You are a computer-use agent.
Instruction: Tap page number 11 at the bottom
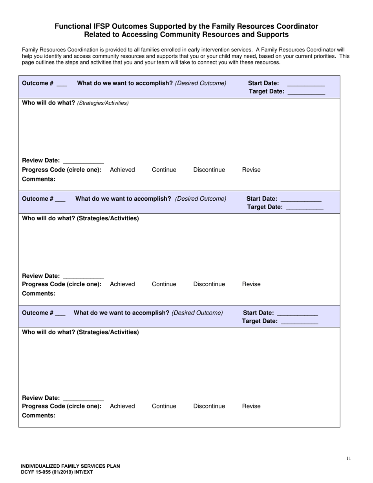[x=349, y=458]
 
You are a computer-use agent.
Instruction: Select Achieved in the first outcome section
[x=123, y=170]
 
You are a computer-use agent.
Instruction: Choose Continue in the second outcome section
[x=164, y=284]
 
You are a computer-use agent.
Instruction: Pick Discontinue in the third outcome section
[x=209, y=406]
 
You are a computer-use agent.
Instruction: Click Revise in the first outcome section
[x=251, y=170]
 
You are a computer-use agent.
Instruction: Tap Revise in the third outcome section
[x=251, y=406]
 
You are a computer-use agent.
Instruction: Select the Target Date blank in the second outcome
[x=305, y=208]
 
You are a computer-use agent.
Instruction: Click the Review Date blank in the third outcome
[x=83, y=399]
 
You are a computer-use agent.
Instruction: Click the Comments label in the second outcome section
[x=38, y=293]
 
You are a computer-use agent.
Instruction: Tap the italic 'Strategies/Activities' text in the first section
[x=103, y=103]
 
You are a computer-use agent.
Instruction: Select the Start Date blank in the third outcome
[x=297, y=314]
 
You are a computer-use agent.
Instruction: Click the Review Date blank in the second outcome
[x=83, y=277]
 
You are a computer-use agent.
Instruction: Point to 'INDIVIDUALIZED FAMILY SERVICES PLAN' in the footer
[x=71, y=466]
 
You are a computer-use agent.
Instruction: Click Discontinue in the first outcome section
[x=209, y=170]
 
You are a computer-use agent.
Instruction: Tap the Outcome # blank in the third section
[x=60, y=314]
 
